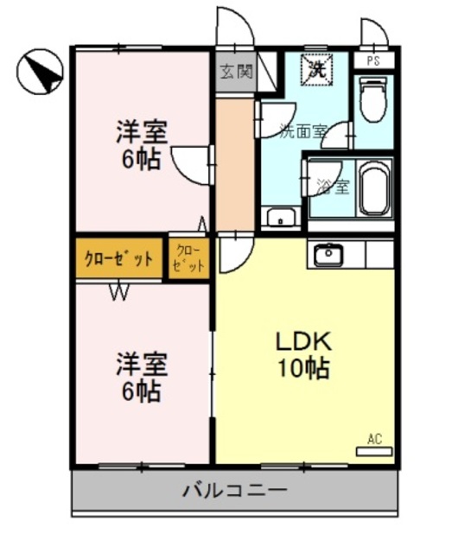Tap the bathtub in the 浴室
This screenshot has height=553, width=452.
click(374, 187)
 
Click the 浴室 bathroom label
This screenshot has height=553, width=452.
click(333, 186)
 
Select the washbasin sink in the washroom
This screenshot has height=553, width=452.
click(280, 217)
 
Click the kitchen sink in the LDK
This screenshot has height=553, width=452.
click(329, 254)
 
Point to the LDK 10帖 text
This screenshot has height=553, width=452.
click(303, 354)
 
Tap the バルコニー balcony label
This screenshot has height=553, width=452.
click(234, 492)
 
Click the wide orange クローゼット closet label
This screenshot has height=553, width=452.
click(118, 258)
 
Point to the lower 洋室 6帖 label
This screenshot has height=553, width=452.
click(140, 378)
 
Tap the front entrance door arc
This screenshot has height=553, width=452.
click(234, 26)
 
